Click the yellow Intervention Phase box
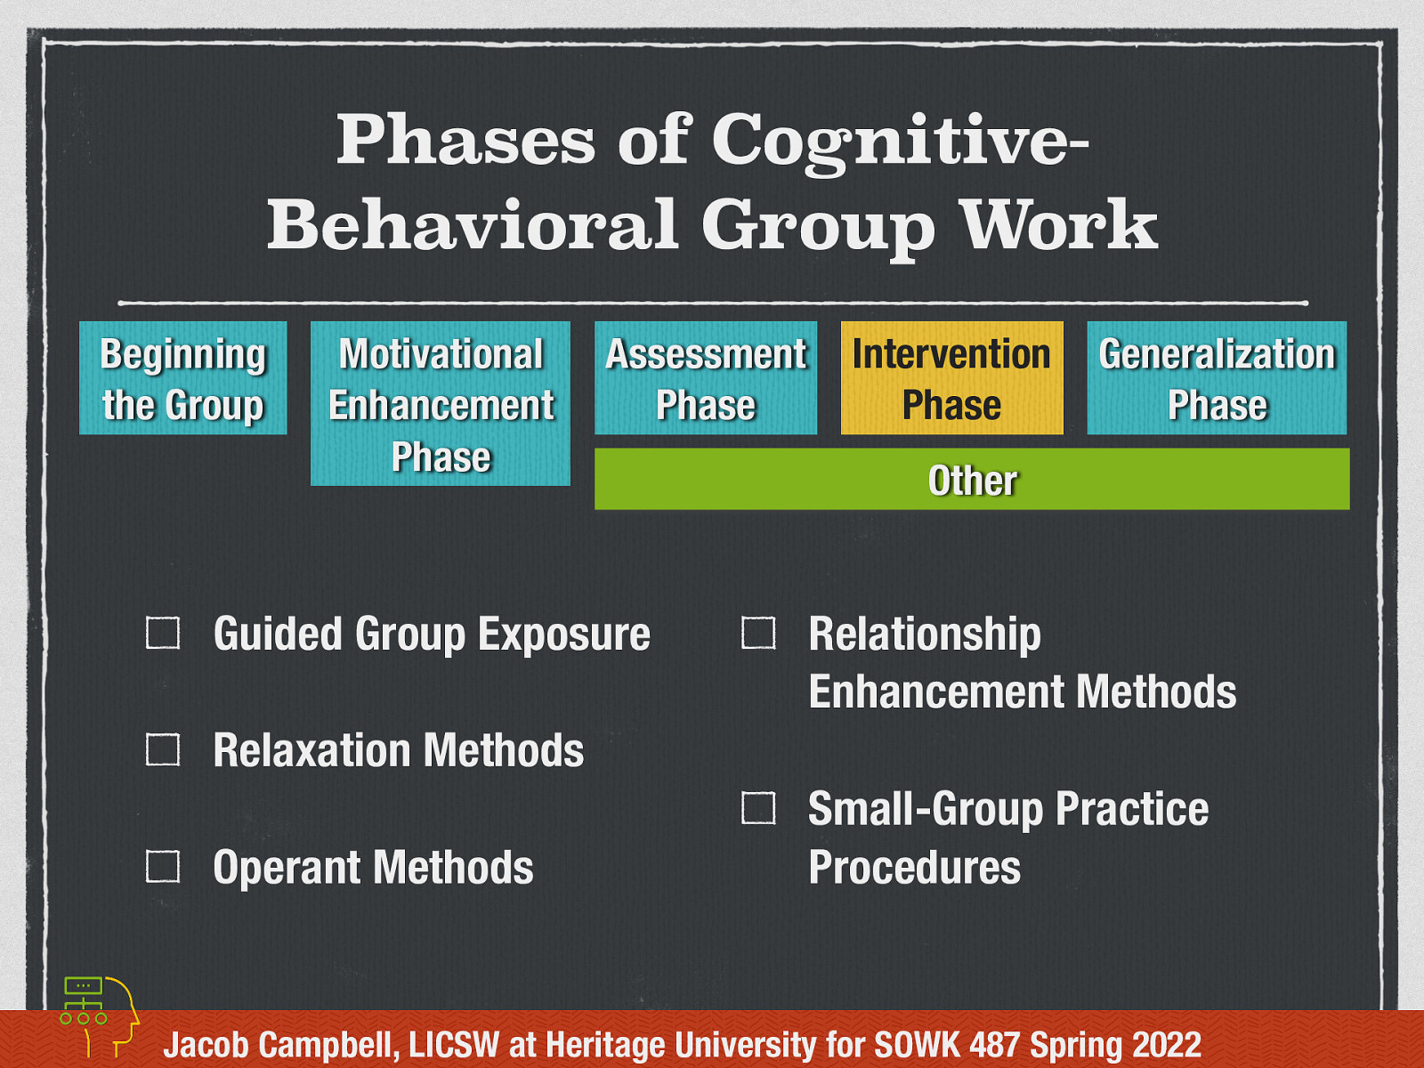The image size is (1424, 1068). (x=951, y=378)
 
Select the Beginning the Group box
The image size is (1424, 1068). (x=182, y=378)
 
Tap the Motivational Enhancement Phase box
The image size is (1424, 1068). (x=441, y=404)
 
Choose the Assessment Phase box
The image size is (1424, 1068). (x=705, y=378)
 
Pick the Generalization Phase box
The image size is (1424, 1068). (x=1217, y=378)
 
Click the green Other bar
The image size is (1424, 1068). (x=972, y=480)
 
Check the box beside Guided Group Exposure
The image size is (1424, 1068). (x=163, y=633)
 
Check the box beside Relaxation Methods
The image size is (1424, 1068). (x=163, y=749)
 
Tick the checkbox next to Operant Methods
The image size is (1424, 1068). (x=163, y=866)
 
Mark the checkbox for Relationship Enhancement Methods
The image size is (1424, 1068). (x=758, y=633)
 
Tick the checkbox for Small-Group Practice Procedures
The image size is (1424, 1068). (x=758, y=808)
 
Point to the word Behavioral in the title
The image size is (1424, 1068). (x=473, y=224)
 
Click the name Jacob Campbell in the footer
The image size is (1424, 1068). (x=280, y=1045)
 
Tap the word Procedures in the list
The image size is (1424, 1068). (x=914, y=868)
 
